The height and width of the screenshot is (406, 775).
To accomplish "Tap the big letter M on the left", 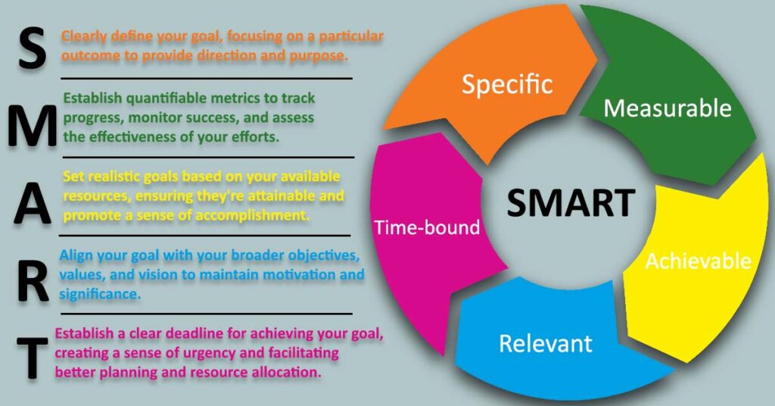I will coord(32,126).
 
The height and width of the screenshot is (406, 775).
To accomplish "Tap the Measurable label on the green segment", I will coord(668,108).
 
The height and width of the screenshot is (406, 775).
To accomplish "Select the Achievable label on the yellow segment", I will coord(697,261).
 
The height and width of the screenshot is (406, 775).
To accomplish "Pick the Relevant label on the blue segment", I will coord(545,343).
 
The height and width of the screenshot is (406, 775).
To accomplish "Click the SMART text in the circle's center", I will coord(570,203).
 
